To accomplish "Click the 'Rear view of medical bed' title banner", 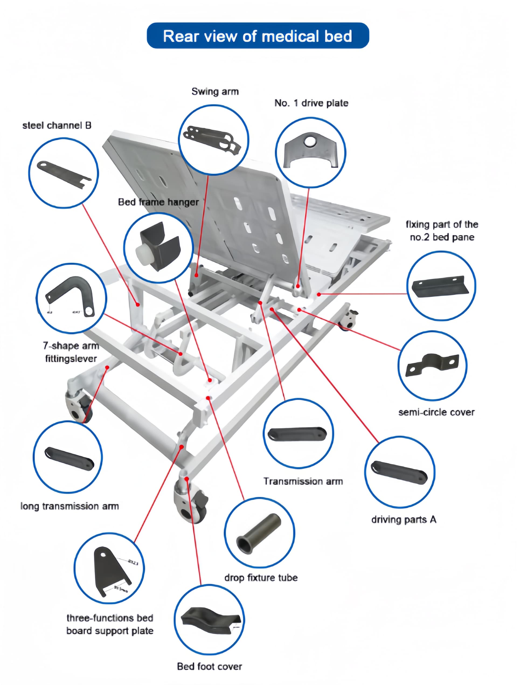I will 258,36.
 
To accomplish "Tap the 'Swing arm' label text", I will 215,92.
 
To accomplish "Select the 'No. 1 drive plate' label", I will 311,103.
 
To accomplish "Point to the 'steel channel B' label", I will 57,125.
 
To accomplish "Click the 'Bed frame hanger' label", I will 158,202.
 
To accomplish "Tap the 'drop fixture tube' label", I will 261,577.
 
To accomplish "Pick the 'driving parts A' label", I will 404,520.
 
